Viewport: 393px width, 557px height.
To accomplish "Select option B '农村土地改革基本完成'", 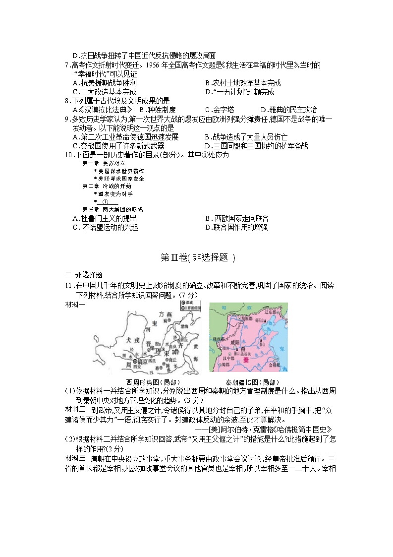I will tap(243, 83).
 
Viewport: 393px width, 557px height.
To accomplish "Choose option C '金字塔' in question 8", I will tap(220, 110).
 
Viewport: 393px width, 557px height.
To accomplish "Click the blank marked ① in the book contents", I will tap(105, 202).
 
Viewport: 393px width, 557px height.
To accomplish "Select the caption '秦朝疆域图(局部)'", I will tap(249, 382).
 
